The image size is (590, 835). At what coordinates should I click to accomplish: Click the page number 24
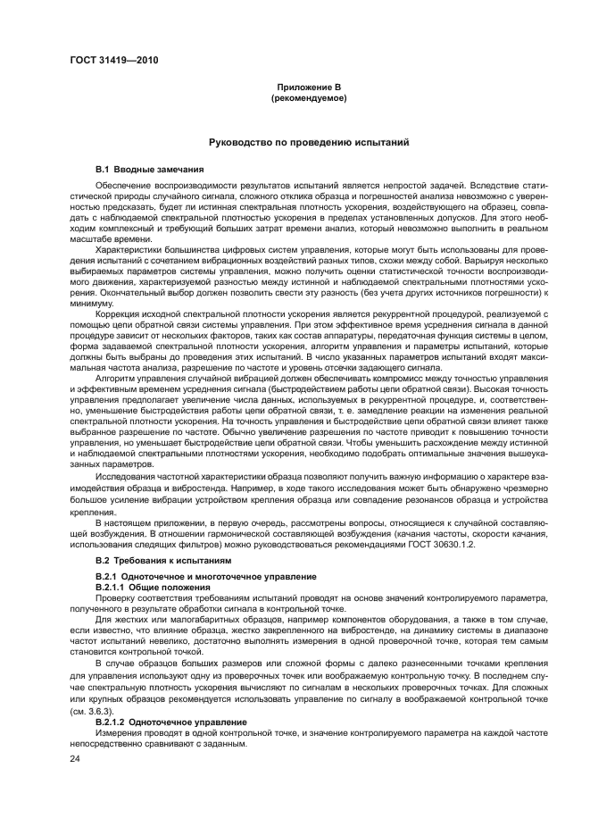tap(74, 758)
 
